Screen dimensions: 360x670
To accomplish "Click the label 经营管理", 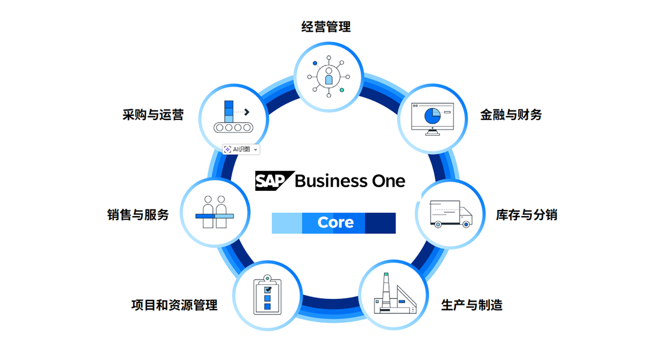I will pyautogui.click(x=326, y=27).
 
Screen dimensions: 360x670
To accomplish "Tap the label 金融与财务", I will pyautogui.click(x=511, y=115).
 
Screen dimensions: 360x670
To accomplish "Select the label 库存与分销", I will pyautogui.click(x=527, y=214).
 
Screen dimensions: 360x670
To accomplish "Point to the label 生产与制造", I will pyautogui.click(x=472, y=305).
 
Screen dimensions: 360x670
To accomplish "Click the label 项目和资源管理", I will pyautogui.click(x=174, y=305).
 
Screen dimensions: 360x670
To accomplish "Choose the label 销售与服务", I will pyautogui.click(x=138, y=214).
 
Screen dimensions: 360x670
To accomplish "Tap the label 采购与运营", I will pyautogui.click(x=153, y=115).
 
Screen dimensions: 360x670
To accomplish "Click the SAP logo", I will pyautogui.click(x=274, y=181).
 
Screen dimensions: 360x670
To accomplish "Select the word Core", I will pyautogui.click(x=336, y=223).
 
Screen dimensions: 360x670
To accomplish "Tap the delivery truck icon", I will pyautogui.click(x=451, y=214).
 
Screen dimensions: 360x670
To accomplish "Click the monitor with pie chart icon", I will pyautogui.click(x=433, y=118).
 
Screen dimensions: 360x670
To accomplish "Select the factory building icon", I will pyautogui.click(x=394, y=295).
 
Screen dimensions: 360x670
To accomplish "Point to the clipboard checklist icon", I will pyautogui.click(x=267, y=295).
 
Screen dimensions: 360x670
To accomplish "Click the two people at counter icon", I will pyautogui.click(x=214, y=212).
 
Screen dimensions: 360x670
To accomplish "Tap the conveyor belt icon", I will pyautogui.click(x=232, y=117).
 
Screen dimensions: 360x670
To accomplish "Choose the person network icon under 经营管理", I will pyautogui.click(x=328, y=77).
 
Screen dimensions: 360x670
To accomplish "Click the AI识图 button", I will pyautogui.click(x=241, y=149).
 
